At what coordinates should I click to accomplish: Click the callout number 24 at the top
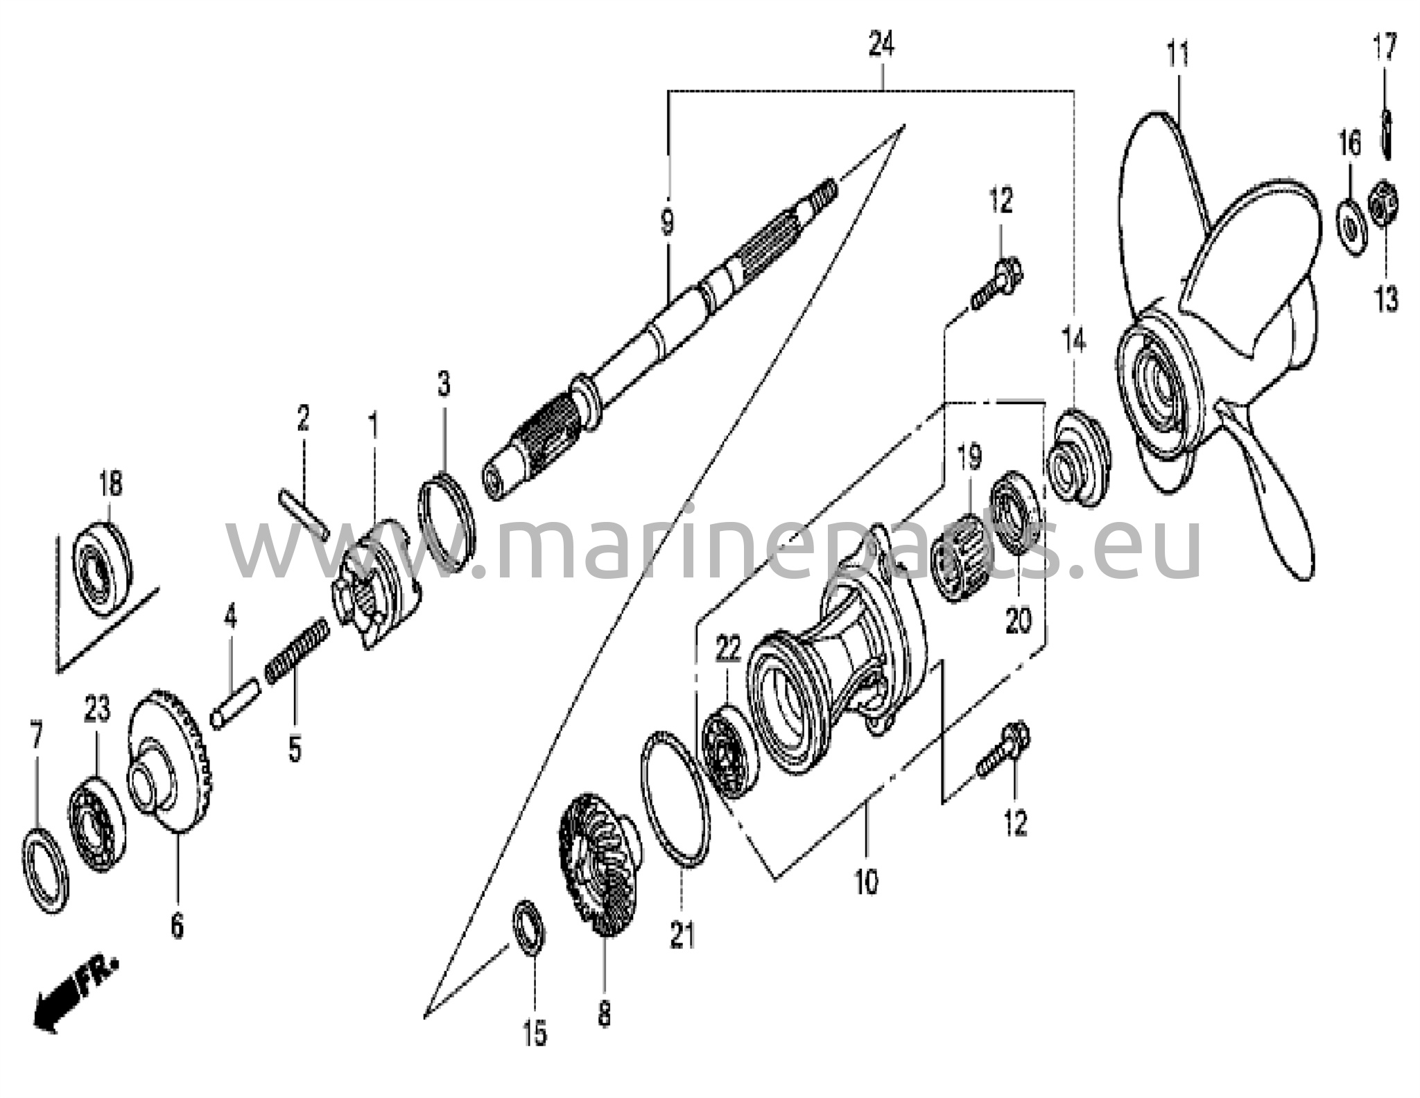[x=881, y=45]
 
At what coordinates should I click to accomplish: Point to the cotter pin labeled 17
[x=1386, y=132]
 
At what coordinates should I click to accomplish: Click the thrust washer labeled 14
[x=1077, y=458]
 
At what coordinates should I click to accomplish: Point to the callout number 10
[x=867, y=882]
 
